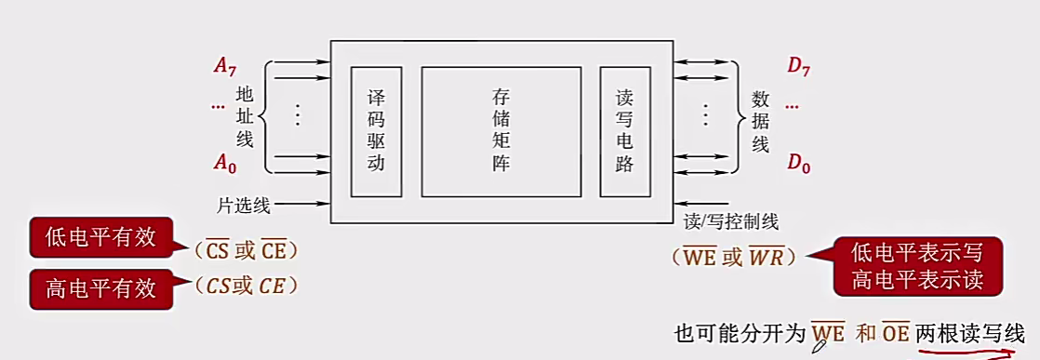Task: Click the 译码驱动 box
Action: coord(376,131)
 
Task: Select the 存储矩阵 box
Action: coord(501,131)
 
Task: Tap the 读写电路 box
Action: coord(624,131)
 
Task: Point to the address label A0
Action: coord(224,164)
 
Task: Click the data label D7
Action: coord(798,65)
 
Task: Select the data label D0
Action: coord(798,165)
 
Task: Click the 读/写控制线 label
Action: coord(731,221)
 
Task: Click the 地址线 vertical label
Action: coord(245,115)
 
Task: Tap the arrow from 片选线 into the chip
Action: coord(303,202)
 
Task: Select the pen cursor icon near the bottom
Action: coord(820,346)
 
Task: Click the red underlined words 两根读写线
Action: coord(969,334)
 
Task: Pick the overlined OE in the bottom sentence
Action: coord(896,334)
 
